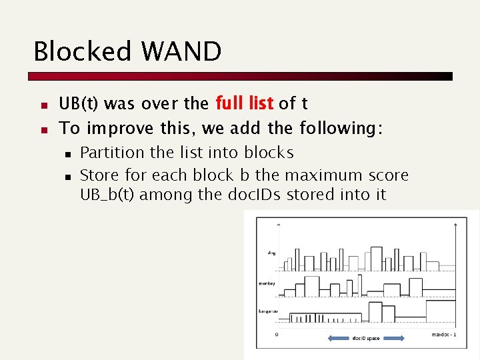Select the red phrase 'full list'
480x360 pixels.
244,103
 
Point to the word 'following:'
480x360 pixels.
341,127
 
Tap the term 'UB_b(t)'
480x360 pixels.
109,195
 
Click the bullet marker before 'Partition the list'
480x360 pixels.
68,154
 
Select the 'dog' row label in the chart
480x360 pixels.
271,253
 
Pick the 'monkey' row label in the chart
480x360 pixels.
267,283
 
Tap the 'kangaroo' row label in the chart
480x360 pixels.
267,311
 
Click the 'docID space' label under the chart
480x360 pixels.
366,339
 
